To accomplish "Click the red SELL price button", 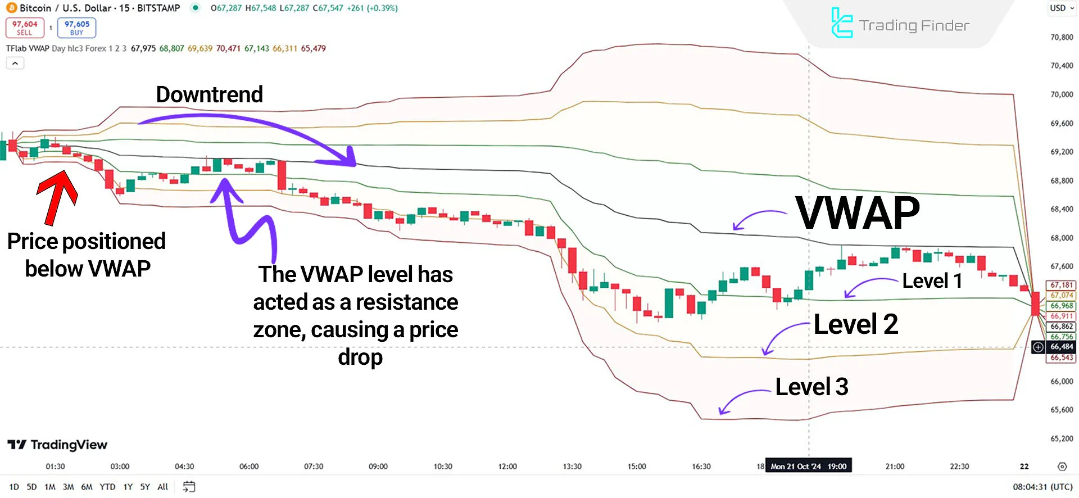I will (25, 28).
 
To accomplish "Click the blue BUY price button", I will (76, 28).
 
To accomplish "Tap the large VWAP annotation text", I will (858, 214).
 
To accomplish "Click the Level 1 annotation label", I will (932, 280).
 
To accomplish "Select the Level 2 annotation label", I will (855, 324).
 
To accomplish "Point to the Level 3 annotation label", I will (811, 387).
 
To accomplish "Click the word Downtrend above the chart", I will (209, 94).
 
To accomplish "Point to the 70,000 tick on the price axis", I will (1062, 94).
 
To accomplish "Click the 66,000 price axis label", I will (1062, 381).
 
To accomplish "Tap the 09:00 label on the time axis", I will (378, 467).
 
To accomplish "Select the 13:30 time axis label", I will (572, 467).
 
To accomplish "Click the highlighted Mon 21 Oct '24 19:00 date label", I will (808, 467).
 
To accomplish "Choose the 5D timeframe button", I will (31, 487).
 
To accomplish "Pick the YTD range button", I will (107, 487).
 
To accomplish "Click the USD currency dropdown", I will (1062, 8).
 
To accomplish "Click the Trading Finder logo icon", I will (841, 23).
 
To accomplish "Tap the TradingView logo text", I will (57, 445).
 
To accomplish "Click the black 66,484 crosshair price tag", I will (1062, 347).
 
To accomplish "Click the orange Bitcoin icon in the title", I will (11, 8).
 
